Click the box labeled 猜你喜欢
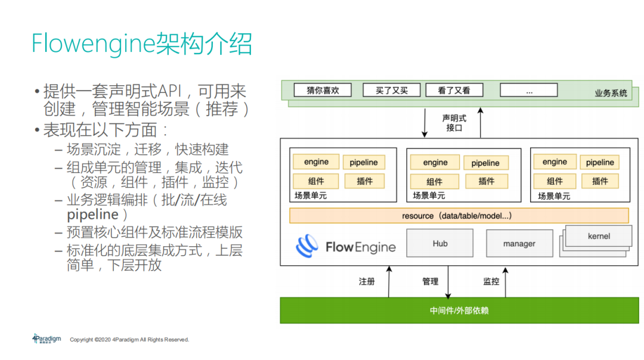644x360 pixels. (x=323, y=90)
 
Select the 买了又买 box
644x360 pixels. (x=392, y=90)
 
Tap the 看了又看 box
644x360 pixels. (x=454, y=90)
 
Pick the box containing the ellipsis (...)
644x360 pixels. (x=528, y=90)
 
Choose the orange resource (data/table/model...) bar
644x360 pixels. (x=459, y=215)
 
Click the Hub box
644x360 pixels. (x=440, y=243)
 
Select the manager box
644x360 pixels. (x=519, y=243)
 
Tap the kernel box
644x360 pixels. (x=599, y=236)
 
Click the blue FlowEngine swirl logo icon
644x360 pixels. (x=308, y=246)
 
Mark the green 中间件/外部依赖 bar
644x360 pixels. (x=459, y=311)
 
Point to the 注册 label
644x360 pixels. (x=367, y=281)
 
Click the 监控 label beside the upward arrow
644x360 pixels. (x=491, y=281)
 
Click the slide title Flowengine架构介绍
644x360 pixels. (x=142, y=44)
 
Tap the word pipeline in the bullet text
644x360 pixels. (x=93, y=215)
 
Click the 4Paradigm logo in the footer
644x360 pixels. (x=47, y=339)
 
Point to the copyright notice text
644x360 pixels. (x=129, y=340)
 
